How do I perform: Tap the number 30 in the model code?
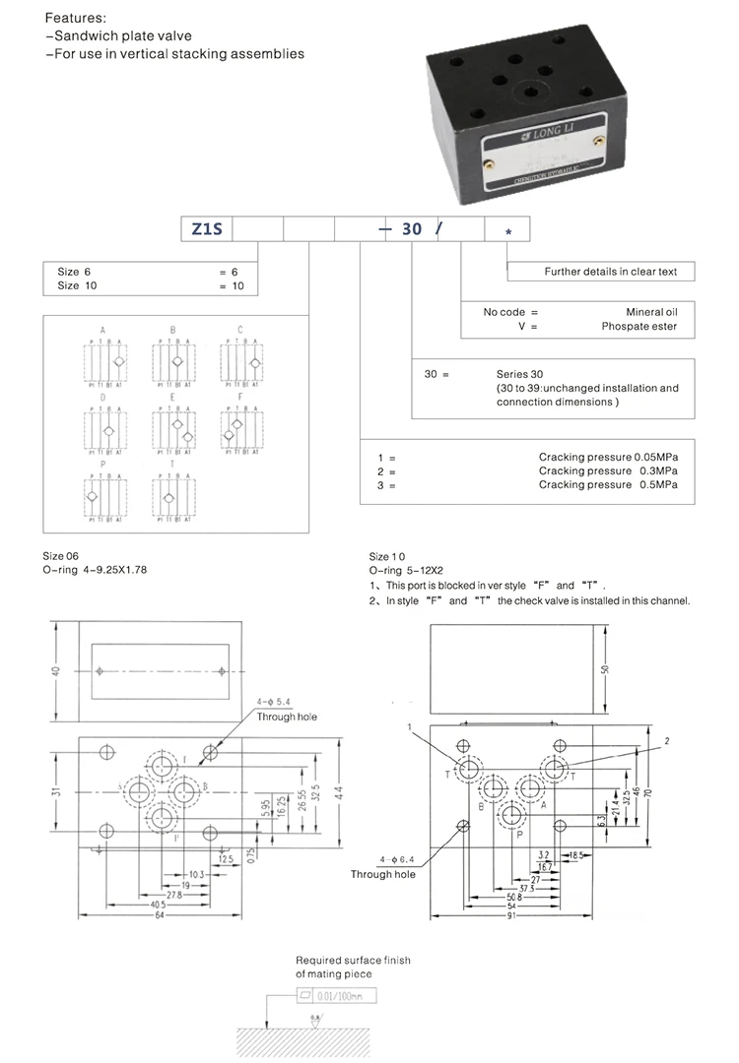click(x=412, y=228)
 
